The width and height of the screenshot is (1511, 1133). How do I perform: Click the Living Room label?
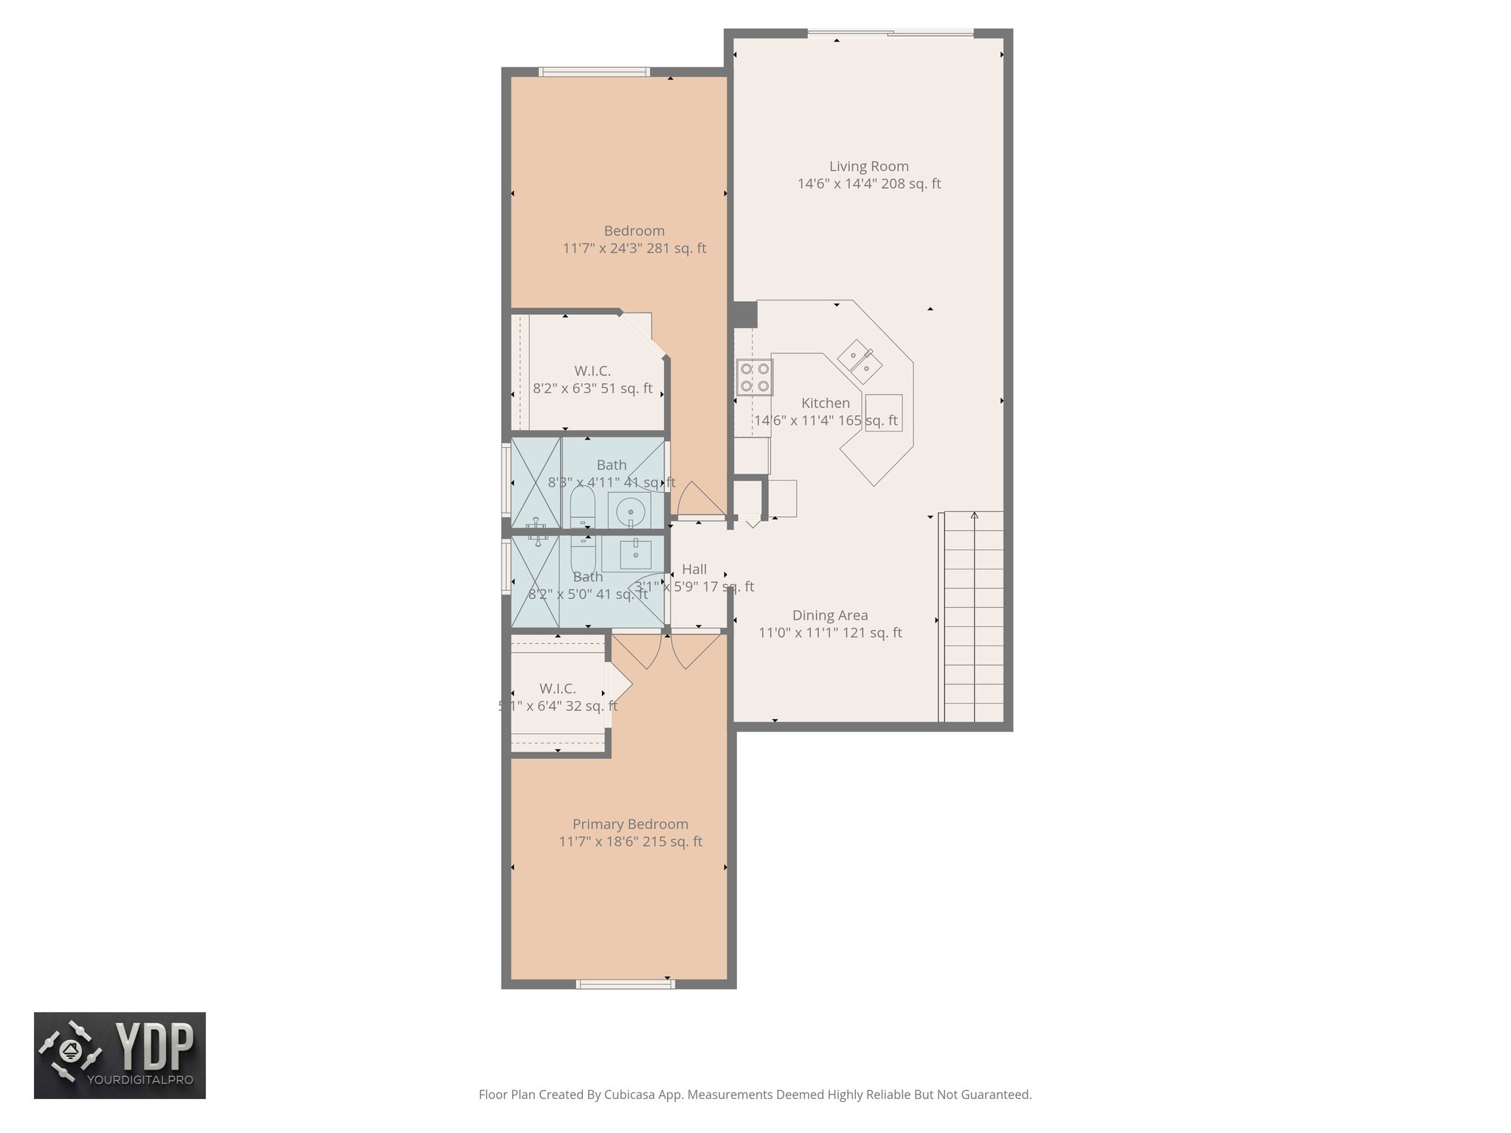click(x=868, y=167)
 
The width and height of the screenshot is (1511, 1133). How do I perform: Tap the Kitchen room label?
click(x=825, y=403)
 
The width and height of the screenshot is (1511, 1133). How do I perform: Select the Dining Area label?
click(x=829, y=615)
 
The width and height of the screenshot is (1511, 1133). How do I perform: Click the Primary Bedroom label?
click(x=630, y=824)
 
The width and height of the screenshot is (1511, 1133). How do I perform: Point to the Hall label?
click(x=694, y=569)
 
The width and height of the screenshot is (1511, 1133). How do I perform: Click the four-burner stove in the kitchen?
click(x=754, y=377)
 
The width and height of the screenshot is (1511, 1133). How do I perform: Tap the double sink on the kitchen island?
click(x=860, y=361)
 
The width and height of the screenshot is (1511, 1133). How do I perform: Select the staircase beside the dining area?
click(x=973, y=616)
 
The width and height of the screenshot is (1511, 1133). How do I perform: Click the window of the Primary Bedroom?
click(x=625, y=983)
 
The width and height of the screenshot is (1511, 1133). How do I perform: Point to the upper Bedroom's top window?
click(x=594, y=72)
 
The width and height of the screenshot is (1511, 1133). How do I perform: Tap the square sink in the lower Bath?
click(x=635, y=552)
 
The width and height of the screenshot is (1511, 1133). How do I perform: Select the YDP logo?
click(x=120, y=1055)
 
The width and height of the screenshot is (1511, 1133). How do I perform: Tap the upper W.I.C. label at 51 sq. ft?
click(x=592, y=371)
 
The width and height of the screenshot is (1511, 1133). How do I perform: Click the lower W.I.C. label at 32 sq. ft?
click(x=557, y=689)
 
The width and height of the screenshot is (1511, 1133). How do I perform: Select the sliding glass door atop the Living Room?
click(x=890, y=32)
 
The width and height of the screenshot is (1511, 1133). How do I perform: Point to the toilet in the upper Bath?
click(x=582, y=509)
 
